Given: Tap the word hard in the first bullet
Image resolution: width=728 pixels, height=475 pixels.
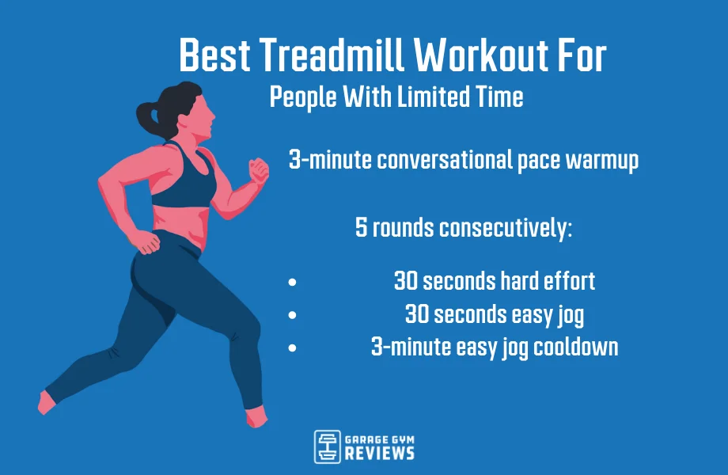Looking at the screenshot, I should (521, 280).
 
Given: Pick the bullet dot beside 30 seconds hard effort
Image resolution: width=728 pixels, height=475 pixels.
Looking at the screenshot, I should (293, 281).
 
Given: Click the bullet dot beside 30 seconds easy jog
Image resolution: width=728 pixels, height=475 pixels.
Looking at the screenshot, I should (293, 314).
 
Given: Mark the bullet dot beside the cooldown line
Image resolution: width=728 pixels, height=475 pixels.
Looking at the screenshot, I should (293, 347).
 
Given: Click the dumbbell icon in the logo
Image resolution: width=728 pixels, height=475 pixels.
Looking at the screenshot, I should (327, 446).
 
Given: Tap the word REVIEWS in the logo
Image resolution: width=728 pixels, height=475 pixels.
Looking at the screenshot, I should (380, 453).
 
